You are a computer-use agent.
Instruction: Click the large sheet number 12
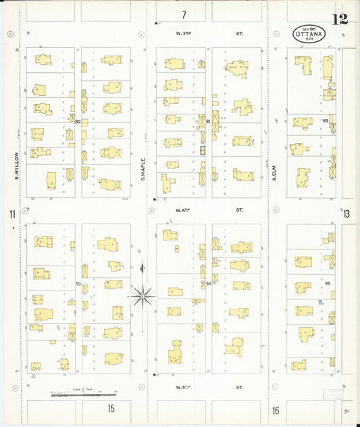(340, 19)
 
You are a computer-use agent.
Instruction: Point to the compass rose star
(143, 294)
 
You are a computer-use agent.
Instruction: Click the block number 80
(78, 122)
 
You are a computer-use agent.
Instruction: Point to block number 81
(209, 122)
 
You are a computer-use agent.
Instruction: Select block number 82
(326, 121)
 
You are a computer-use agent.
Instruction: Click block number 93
(78, 284)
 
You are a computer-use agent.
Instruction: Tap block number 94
(209, 284)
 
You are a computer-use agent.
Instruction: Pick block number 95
(328, 284)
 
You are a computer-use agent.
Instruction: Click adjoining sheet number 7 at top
(183, 14)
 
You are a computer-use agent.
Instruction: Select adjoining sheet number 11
(11, 215)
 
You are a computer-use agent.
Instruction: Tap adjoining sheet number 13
(347, 214)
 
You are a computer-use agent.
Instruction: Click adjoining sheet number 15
(111, 408)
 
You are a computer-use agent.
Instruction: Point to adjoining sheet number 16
(276, 410)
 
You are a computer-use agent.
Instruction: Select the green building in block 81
(201, 149)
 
